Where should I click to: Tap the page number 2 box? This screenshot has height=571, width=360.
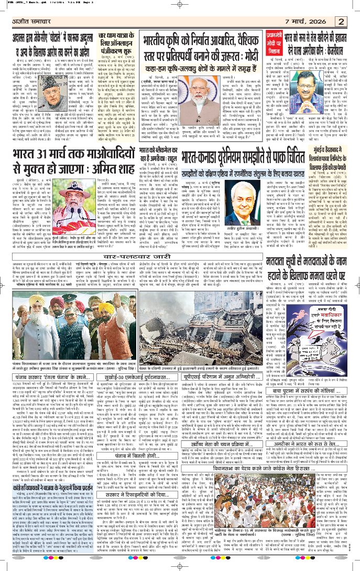click(x=342, y=21)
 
